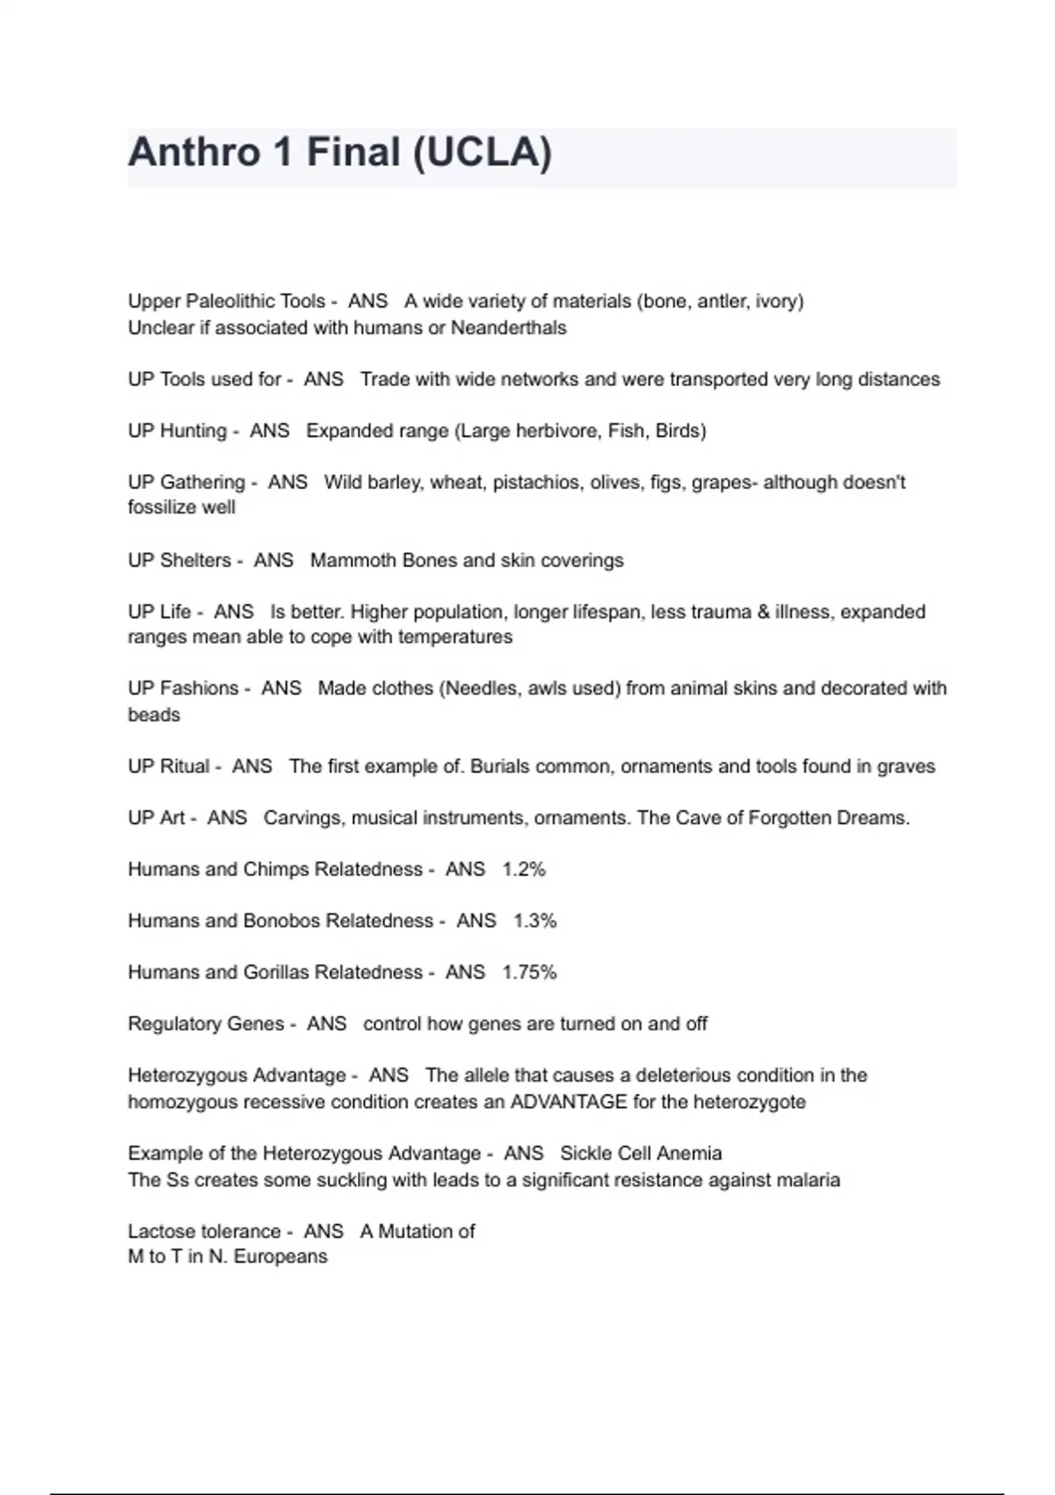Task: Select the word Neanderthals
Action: tap(508, 328)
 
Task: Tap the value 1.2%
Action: tap(524, 869)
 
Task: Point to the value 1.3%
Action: tap(535, 921)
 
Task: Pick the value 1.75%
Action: tap(529, 972)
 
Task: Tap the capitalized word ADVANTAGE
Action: tap(569, 1102)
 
